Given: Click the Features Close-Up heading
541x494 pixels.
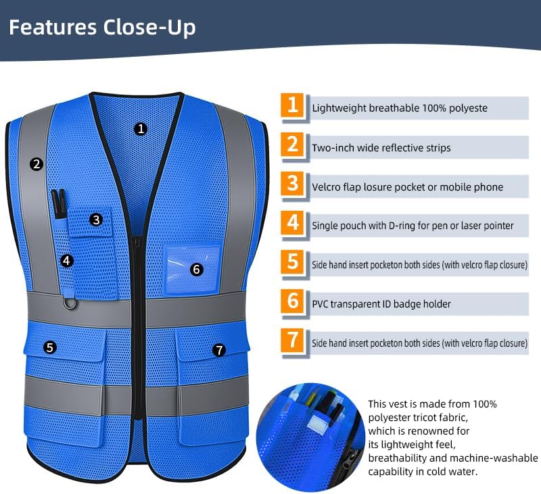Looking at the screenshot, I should [102, 28].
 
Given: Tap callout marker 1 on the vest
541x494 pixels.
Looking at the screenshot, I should [140, 128].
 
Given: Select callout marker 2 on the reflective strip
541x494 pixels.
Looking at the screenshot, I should [37, 163].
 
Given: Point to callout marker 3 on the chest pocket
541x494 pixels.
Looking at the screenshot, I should [96, 219].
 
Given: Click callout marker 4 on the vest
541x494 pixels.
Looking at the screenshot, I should [66, 260].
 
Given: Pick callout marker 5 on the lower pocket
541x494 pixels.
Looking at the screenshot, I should [50, 347].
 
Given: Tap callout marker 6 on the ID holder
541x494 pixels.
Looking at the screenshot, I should [196, 269].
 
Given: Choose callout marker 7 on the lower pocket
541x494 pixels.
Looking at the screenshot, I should [218, 349].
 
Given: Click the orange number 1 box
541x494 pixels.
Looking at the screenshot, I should [292, 106].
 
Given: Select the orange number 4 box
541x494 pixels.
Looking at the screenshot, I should [292, 224].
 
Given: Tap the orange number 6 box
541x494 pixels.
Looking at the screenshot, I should [292, 302].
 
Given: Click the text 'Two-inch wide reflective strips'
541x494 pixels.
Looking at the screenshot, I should [381, 147].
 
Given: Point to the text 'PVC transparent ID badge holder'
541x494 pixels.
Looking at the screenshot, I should [381, 304].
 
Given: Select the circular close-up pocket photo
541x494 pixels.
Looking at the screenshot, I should [310, 432].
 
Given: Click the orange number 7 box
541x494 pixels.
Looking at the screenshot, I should [292, 341].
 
